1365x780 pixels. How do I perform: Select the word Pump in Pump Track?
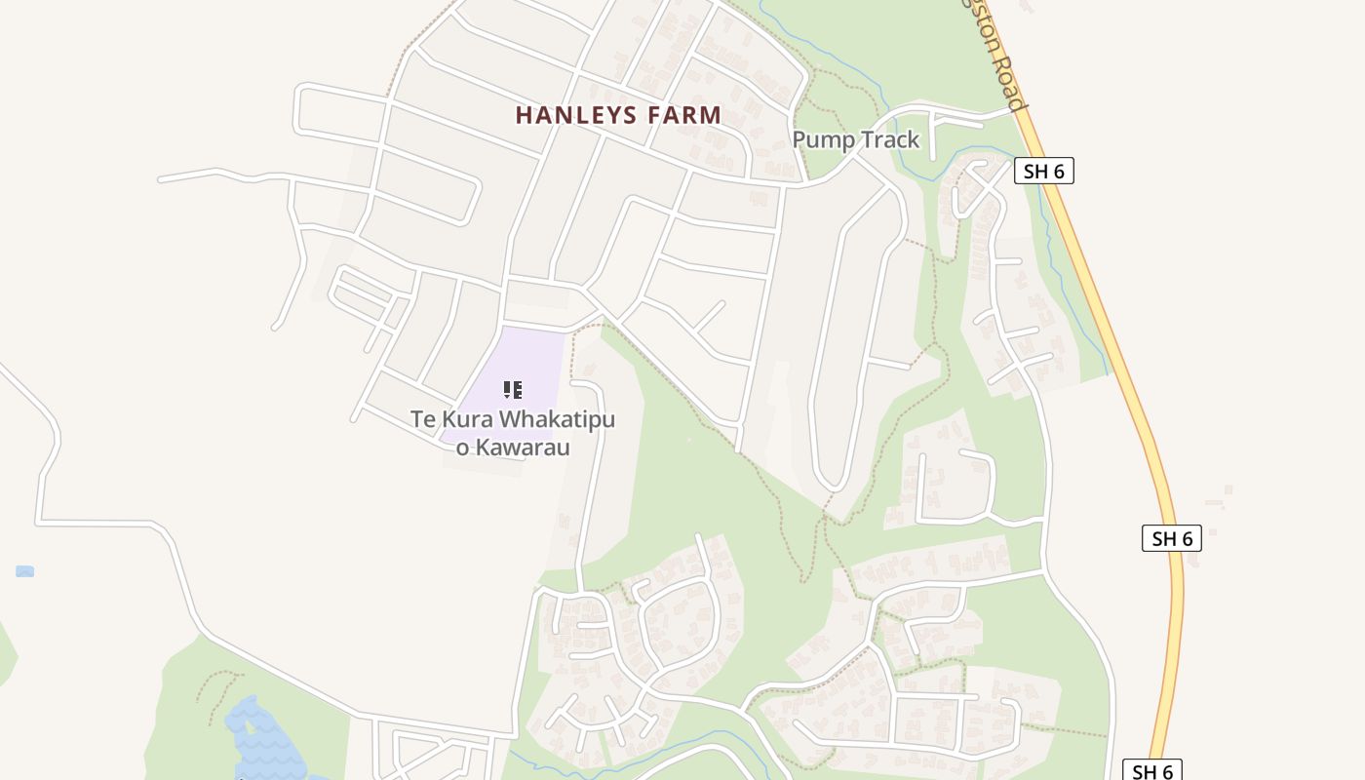[x=821, y=139]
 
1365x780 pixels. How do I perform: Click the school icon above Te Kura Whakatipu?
[x=513, y=390]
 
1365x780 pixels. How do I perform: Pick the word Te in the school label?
[x=421, y=420]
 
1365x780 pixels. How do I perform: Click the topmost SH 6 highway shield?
[x=1044, y=172]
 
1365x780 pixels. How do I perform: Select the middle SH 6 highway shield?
[x=1172, y=538]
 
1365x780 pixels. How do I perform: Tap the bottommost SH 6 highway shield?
[x=1151, y=770]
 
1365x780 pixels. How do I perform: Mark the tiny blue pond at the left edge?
[x=25, y=571]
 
